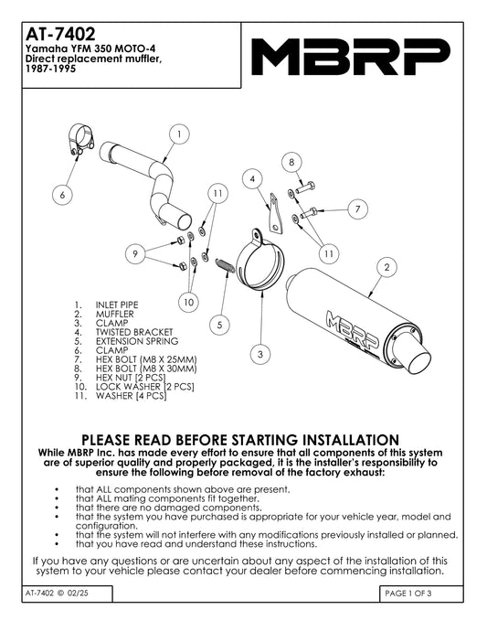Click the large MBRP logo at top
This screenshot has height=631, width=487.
coord(349,57)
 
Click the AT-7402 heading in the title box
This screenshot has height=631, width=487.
coord(60,34)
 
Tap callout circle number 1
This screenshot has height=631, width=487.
coord(179,134)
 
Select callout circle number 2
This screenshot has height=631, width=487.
coord(386,267)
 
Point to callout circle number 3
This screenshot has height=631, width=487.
coord(260,354)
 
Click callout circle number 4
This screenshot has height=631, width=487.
coord(252,179)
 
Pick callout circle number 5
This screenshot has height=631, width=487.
coord(219,325)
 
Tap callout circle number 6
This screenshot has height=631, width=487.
coord(62,195)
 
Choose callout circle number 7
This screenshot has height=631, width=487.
coord(357,209)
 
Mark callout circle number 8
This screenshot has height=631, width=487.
coord(291,162)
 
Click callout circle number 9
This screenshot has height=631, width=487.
coord(135,253)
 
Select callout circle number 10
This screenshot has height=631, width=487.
coord(188,302)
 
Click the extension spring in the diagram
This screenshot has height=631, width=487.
coord(225,265)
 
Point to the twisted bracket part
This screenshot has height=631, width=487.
coord(275,213)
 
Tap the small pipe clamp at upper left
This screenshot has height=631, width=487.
coord(80,140)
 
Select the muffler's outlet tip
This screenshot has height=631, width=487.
coord(418,361)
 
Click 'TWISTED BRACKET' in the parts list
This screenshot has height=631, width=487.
coord(134,332)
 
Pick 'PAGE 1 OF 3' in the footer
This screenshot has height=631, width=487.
coord(408,594)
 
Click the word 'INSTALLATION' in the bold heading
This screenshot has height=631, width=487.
coord(350,439)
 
